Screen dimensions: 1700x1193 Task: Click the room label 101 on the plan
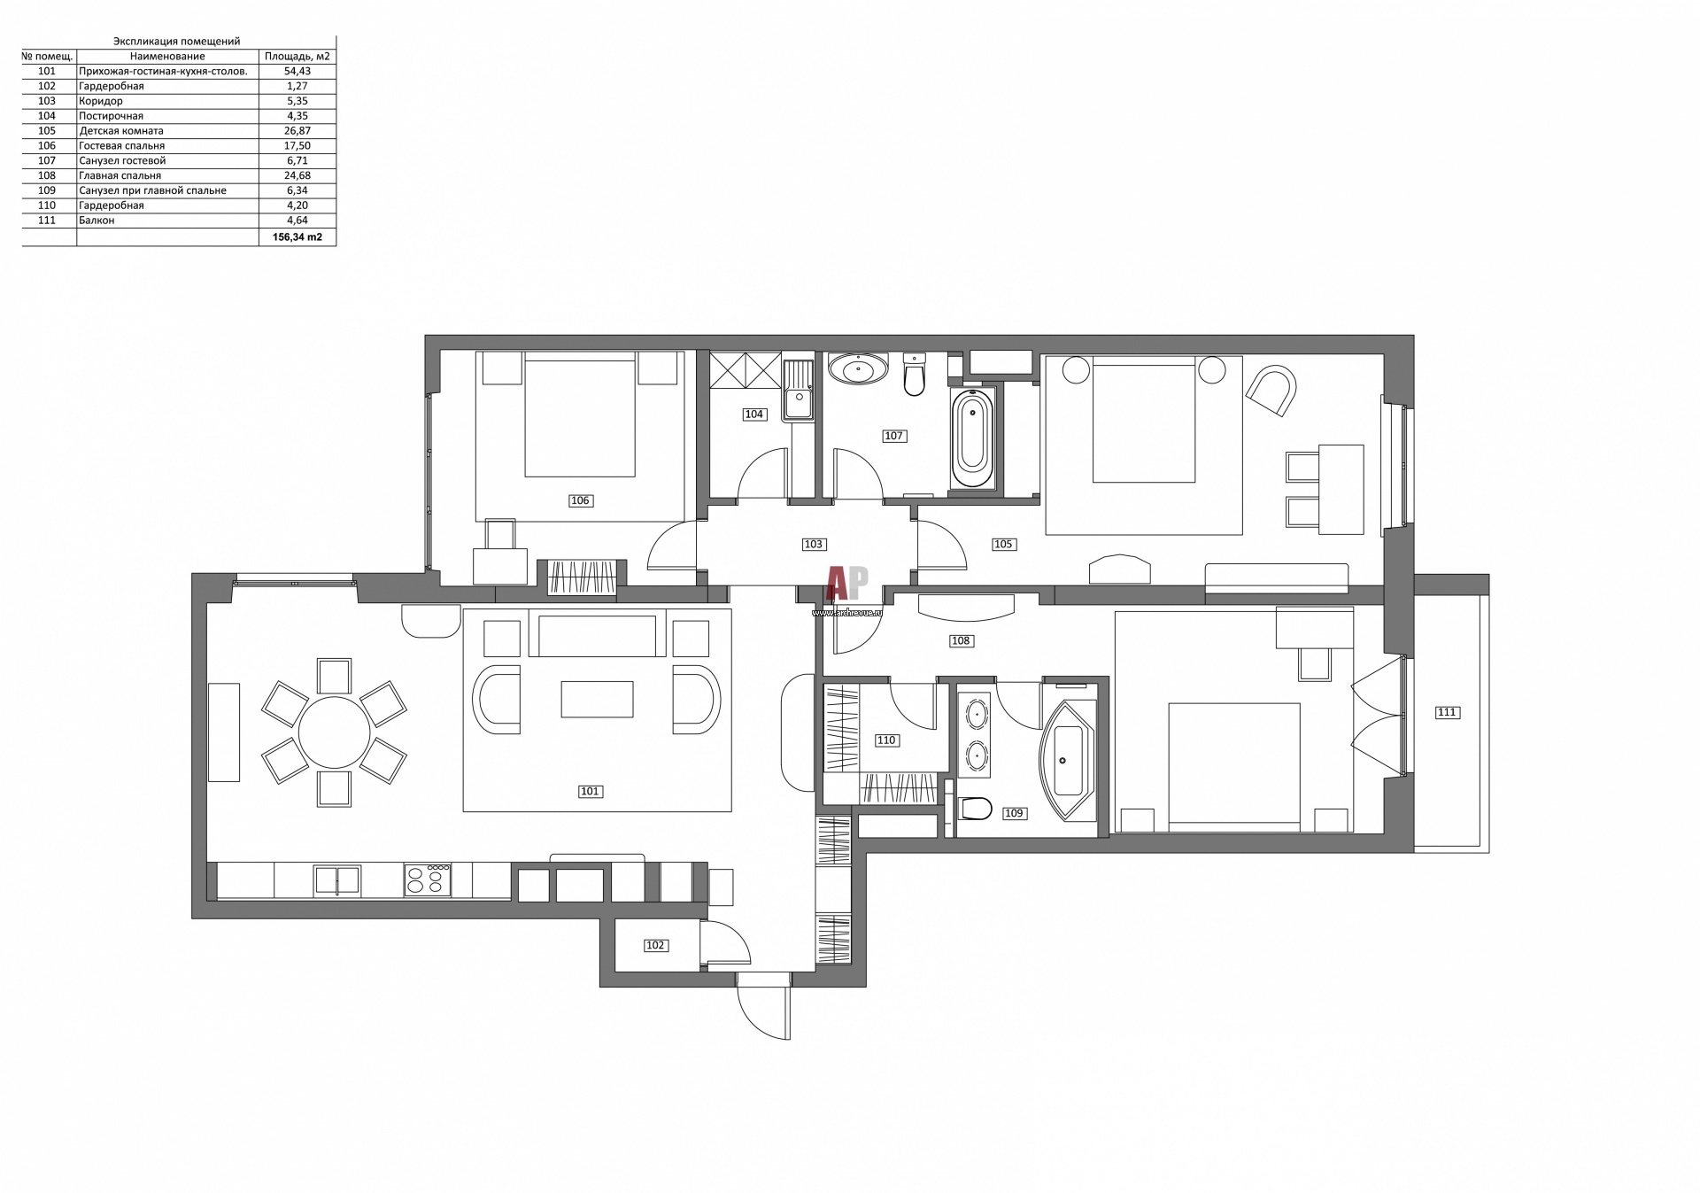click(x=591, y=792)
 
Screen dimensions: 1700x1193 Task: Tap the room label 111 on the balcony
click(x=1447, y=712)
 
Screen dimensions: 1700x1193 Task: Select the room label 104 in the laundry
click(x=753, y=414)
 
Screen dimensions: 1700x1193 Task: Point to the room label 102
click(x=654, y=945)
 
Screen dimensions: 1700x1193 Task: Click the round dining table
click(x=334, y=732)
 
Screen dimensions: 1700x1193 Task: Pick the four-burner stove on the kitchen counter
click(x=428, y=880)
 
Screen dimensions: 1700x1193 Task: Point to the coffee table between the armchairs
click(x=598, y=699)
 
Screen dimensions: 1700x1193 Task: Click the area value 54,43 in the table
click(x=297, y=71)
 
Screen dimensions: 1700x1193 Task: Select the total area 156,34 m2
click(x=297, y=237)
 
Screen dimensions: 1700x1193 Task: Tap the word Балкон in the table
click(x=97, y=221)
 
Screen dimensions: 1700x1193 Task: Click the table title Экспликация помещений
click(x=177, y=42)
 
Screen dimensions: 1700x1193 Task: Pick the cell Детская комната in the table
click(x=121, y=131)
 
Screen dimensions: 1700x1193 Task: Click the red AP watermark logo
click(x=847, y=584)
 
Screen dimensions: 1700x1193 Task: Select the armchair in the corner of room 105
click(x=1272, y=390)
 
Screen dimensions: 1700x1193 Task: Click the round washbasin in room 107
click(x=858, y=368)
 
